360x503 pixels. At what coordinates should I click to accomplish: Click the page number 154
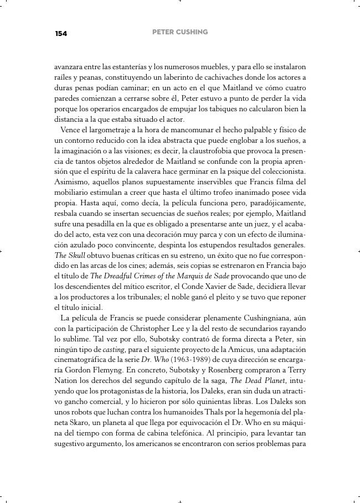(x=61, y=34)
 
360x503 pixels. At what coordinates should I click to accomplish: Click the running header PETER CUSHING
(x=180, y=32)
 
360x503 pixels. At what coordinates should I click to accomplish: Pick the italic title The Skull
(x=69, y=256)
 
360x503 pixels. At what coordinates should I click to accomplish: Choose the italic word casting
(x=114, y=350)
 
